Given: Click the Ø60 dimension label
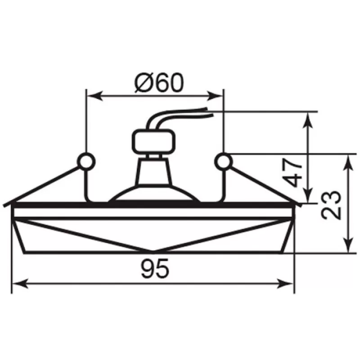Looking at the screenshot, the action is [159, 83].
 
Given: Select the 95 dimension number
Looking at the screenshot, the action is [155, 268].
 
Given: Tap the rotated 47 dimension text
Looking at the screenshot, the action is [292, 172].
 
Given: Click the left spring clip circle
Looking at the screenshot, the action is [86, 162].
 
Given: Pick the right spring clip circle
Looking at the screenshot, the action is [223, 162].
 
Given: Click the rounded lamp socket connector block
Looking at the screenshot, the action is [153, 142].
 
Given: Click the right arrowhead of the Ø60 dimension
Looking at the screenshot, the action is [215, 96].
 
